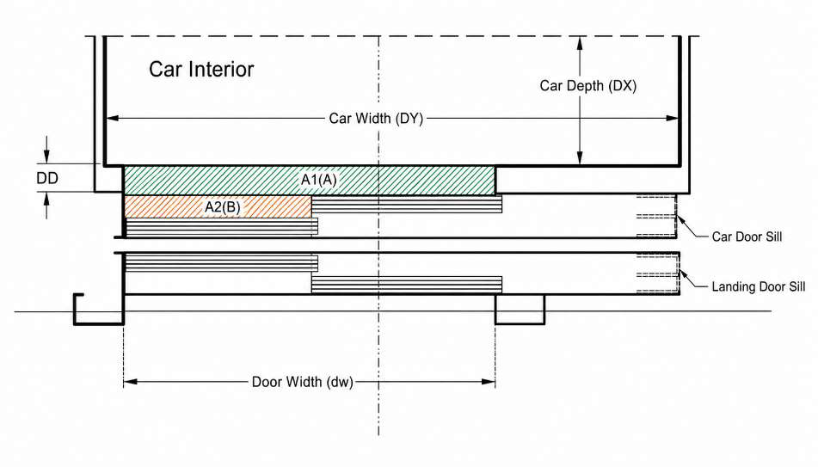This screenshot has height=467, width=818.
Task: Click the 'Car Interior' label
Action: (x=201, y=70)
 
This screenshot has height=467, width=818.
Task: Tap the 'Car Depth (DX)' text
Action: (x=588, y=85)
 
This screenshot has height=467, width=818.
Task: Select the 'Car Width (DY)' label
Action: (x=376, y=119)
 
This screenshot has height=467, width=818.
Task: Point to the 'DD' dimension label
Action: (x=47, y=178)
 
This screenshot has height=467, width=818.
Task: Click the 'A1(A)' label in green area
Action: (x=319, y=180)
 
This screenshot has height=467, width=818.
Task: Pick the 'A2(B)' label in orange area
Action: (x=222, y=207)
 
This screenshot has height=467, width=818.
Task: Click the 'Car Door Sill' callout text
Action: (x=747, y=237)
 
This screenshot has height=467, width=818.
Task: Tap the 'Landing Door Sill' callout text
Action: (x=758, y=286)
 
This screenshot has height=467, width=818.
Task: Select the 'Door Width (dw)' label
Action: (x=303, y=382)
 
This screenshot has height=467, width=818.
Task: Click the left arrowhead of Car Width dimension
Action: (x=112, y=119)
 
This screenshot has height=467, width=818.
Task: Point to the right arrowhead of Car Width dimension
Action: (x=673, y=119)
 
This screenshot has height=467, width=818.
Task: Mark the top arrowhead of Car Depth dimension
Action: (x=579, y=43)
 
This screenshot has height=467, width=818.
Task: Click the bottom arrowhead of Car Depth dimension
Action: (x=579, y=158)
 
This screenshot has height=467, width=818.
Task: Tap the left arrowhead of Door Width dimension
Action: (x=131, y=382)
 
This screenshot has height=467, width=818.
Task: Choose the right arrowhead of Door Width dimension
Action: (x=489, y=382)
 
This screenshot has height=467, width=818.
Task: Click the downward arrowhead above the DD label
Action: (x=47, y=157)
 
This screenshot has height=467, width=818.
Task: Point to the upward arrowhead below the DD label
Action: (x=47, y=199)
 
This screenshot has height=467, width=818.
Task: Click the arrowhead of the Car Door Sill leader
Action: (x=680, y=219)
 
